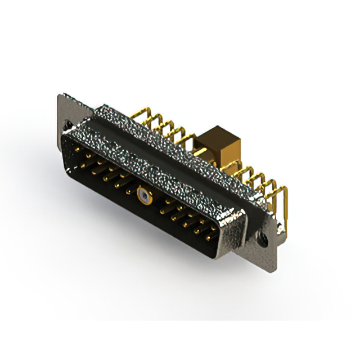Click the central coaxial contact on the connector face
click(145, 197)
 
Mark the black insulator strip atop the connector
click(169, 152)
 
